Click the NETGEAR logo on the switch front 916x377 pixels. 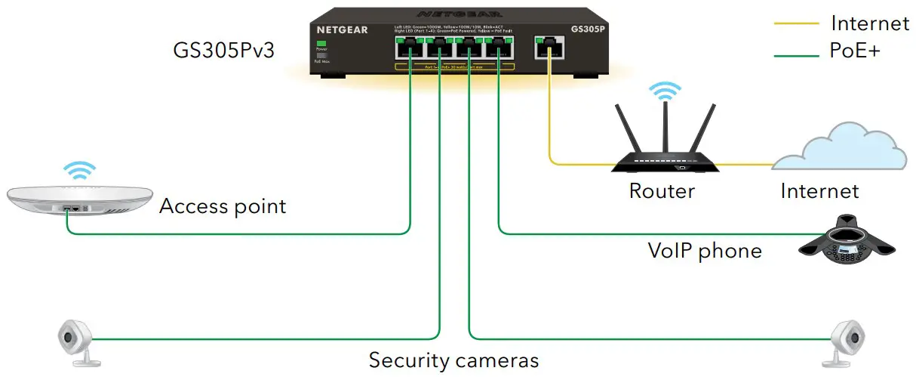point(342,30)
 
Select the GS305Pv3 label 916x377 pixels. point(223,51)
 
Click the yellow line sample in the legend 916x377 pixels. point(796,24)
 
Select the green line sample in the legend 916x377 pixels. point(796,54)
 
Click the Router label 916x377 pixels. point(662,190)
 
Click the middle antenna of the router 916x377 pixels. point(665,129)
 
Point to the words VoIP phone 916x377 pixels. point(705,249)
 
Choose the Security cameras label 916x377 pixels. point(453,360)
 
